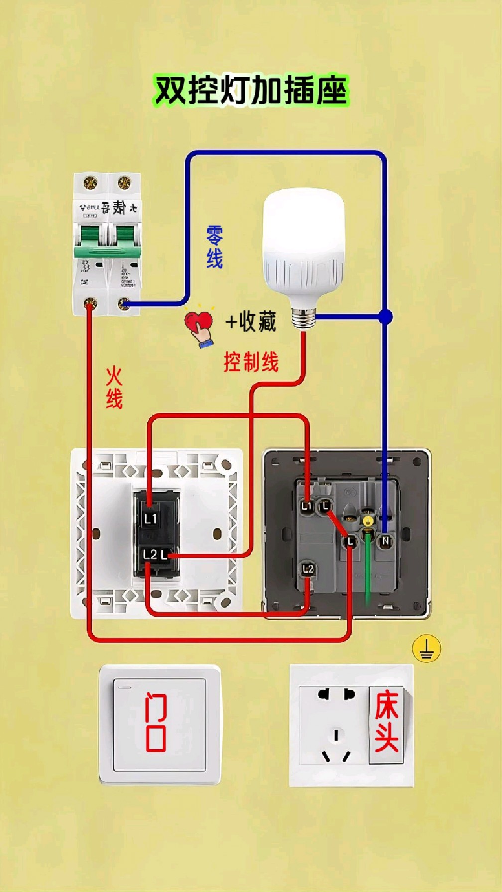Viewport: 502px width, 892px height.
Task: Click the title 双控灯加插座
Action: click(x=251, y=90)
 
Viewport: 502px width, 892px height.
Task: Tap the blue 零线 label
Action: click(x=214, y=247)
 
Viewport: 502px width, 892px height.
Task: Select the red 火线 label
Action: click(x=114, y=388)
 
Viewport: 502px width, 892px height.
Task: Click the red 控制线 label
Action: click(x=251, y=362)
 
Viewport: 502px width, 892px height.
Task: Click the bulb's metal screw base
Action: click(x=303, y=317)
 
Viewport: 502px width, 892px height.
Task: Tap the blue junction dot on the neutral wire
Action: click(x=385, y=316)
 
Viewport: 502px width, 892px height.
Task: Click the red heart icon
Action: click(x=198, y=321)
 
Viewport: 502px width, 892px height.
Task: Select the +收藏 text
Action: click(x=251, y=321)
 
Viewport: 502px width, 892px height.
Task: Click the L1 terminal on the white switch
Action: click(x=150, y=519)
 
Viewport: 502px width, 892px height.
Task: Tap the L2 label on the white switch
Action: click(x=149, y=555)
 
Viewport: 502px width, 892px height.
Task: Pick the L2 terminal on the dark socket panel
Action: click(x=308, y=569)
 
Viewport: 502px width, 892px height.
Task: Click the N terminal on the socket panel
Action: click(x=385, y=541)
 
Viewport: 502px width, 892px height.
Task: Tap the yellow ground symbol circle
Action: click(x=426, y=649)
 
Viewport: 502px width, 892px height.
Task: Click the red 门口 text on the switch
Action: click(x=156, y=722)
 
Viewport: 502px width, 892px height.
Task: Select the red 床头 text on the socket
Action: click(x=386, y=721)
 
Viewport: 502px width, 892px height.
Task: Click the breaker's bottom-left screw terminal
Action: click(x=90, y=303)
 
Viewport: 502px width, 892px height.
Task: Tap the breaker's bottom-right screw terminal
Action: click(x=123, y=303)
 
